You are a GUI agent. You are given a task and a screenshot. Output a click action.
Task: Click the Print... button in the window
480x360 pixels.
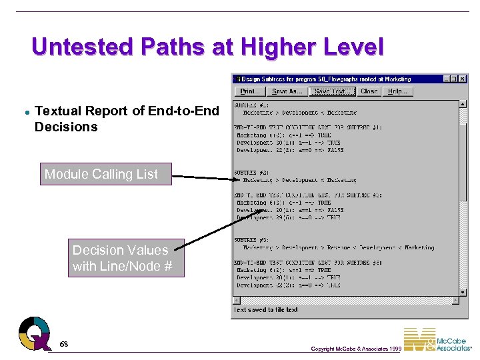pyautogui.click(x=249, y=91)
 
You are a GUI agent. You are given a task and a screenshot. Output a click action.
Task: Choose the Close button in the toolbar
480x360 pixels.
pyautogui.click(x=369, y=91)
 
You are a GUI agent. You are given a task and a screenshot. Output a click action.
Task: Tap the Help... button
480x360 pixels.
pyautogui.click(x=399, y=91)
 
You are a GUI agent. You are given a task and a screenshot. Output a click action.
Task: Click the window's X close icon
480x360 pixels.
pyautogui.click(x=463, y=79)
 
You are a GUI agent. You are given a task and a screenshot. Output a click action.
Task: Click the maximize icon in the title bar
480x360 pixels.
pyautogui.click(x=454, y=79)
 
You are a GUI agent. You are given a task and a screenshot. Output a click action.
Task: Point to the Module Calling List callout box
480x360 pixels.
pyautogui.click(x=105, y=174)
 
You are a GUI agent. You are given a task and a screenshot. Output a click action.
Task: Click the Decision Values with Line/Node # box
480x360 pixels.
pyautogui.click(x=121, y=258)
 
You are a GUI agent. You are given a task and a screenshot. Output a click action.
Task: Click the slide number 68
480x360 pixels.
pyautogui.click(x=63, y=344)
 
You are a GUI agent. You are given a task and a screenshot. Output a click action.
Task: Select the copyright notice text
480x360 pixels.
pyautogui.click(x=355, y=349)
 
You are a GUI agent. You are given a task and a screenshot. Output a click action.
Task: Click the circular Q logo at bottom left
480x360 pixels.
pyautogui.click(x=35, y=332)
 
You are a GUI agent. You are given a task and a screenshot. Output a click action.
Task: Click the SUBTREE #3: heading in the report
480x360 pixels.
pyautogui.click(x=251, y=240)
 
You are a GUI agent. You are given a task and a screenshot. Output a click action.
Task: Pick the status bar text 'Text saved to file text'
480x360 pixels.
pyautogui.click(x=265, y=310)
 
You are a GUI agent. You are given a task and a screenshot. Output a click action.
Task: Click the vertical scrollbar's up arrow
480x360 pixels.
pyautogui.click(x=463, y=104)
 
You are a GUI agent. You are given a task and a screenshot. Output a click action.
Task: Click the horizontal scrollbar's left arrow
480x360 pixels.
pyautogui.click(x=237, y=299)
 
